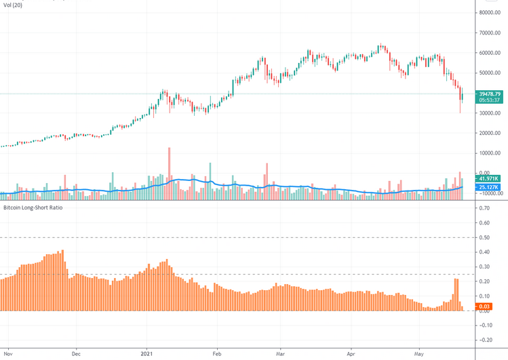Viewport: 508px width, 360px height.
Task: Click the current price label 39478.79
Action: coord(490,94)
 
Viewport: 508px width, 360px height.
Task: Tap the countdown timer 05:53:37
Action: coord(490,100)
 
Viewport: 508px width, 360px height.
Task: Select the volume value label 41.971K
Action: coord(489,179)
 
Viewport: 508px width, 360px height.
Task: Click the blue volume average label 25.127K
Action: coord(489,187)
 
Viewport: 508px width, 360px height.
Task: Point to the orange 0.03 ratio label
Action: coord(485,308)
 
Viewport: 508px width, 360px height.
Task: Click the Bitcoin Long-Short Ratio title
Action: coord(33,207)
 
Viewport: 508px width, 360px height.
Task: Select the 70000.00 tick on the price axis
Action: coord(490,33)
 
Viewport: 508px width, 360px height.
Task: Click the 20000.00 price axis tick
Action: coord(490,133)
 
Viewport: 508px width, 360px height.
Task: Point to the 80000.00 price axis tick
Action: coord(490,13)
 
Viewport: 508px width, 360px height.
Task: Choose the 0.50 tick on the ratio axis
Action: coord(484,237)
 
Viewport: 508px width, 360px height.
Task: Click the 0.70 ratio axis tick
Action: coord(484,208)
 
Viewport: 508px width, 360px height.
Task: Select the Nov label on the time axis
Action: coord(9,353)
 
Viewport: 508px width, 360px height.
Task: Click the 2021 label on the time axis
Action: coord(149,353)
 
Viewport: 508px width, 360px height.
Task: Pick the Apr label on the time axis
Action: coord(351,353)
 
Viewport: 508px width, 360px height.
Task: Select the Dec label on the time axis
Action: coord(76,353)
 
